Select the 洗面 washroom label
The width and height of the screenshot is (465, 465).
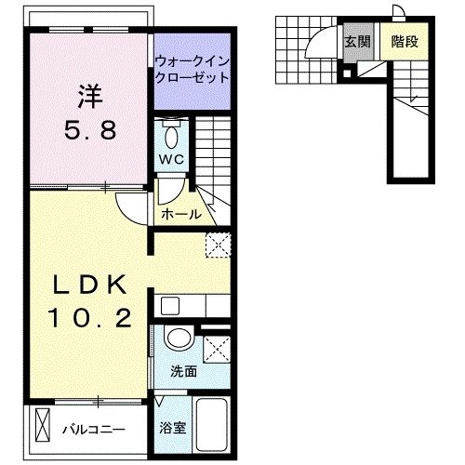[x=182, y=371]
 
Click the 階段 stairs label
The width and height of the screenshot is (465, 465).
[x=404, y=41]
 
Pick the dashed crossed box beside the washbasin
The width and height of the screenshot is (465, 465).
[x=216, y=347]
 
